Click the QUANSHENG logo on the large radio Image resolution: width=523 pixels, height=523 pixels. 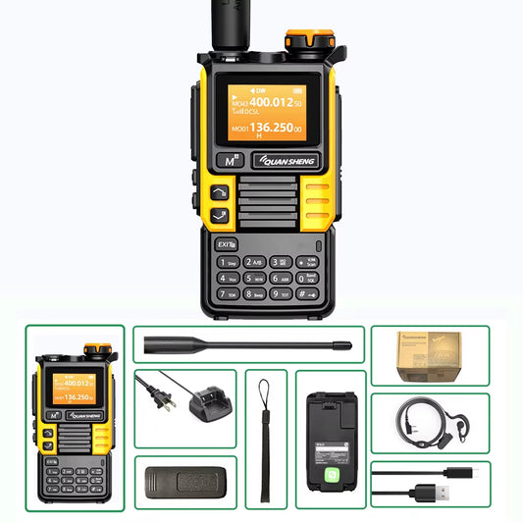283,161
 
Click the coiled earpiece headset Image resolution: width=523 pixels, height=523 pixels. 429,423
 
